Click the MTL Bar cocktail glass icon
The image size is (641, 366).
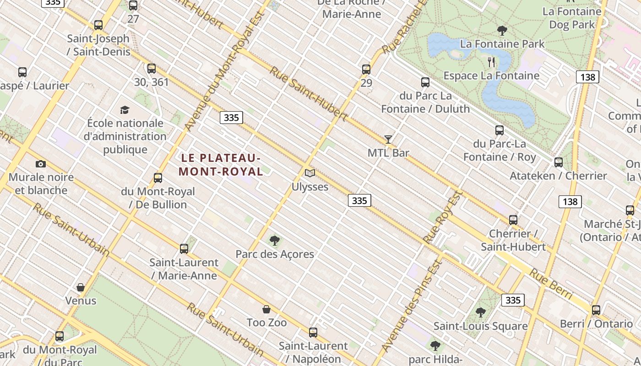[388, 140]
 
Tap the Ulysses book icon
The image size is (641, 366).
[310, 173]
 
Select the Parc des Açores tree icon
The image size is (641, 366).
[275, 240]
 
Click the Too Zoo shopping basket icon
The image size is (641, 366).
[266, 310]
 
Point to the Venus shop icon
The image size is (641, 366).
[81, 287]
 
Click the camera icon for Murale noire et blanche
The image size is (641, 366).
[41, 164]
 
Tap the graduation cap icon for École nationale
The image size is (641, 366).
[125, 110]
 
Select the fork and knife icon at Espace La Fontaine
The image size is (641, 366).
[491, 62]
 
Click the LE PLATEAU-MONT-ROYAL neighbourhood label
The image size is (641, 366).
[221, 165]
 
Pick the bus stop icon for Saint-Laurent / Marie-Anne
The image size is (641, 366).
[184, 249]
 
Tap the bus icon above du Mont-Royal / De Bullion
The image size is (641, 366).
[158, 178]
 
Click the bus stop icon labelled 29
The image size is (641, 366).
[366, 70]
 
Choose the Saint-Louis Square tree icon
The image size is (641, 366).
[480, 312]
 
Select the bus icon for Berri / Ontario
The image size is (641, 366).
[596, 310]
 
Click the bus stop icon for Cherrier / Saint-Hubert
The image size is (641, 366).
[513, 220]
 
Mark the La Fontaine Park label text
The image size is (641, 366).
[502, 44]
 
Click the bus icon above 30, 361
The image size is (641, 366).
[152, 69]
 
